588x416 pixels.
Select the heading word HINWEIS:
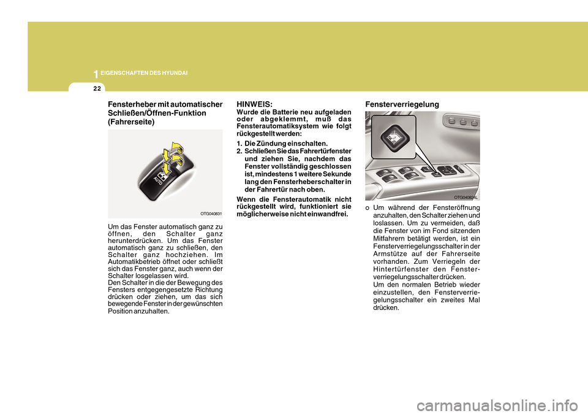[254, 105]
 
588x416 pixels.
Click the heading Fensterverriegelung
[402, 105]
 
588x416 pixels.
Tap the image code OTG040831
[211, 214]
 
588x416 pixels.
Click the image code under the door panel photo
[465, 198]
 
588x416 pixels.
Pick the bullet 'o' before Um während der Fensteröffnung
[367, 208]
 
